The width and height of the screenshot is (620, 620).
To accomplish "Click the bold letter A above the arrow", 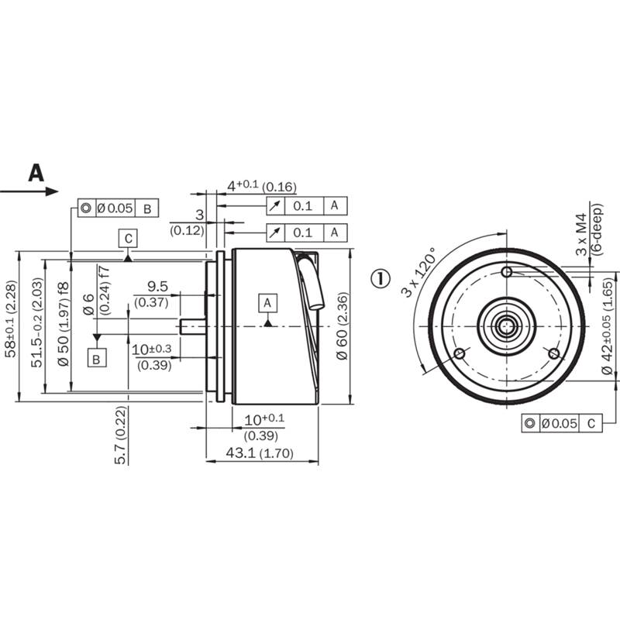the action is [x=36, y=173].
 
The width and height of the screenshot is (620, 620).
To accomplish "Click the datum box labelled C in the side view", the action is [x=128, y=239].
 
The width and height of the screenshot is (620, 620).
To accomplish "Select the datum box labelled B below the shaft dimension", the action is [x=96, y=358].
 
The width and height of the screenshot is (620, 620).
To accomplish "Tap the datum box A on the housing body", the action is [x=267, y=303].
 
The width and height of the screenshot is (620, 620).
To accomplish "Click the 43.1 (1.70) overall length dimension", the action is [x=260, y=453].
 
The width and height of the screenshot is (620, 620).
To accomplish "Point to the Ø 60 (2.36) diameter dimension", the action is [x=342, y=325].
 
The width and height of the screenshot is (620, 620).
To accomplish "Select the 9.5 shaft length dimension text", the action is [x=157, y=286].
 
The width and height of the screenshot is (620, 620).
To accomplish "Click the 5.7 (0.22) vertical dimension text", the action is [x=121, y=435].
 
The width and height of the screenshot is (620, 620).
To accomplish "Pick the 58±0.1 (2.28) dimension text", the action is [x=11, y=319].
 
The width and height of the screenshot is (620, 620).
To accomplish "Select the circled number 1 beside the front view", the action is [x=381, y=278].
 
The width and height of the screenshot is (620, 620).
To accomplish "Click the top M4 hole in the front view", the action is [x=507, y=272].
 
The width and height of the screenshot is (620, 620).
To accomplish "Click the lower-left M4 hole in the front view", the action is [x=459, y=353].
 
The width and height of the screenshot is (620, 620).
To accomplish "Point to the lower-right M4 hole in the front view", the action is [x=554, y=353].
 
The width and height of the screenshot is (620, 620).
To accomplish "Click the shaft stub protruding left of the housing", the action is [x=193, y=326].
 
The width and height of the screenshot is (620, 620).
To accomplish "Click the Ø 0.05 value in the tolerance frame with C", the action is [x=560, y=423].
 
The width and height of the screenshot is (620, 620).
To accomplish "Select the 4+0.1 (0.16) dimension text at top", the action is [x=262, y=186].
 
